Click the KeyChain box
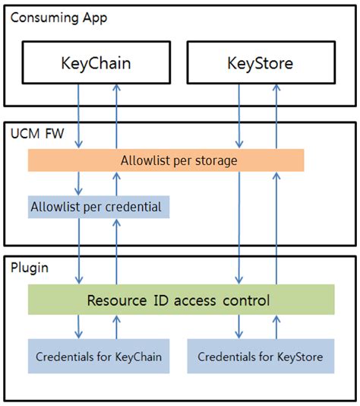[96, 62]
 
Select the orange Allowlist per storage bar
[166, 160]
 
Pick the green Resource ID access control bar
[181, 300]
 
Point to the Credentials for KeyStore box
[260, 357]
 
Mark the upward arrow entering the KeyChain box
[116, 114]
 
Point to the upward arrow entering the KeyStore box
[276, 114]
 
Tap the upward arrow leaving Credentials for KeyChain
[116, 328]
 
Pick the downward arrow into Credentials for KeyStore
[240, 328]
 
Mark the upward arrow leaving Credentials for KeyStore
[276, 328]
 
